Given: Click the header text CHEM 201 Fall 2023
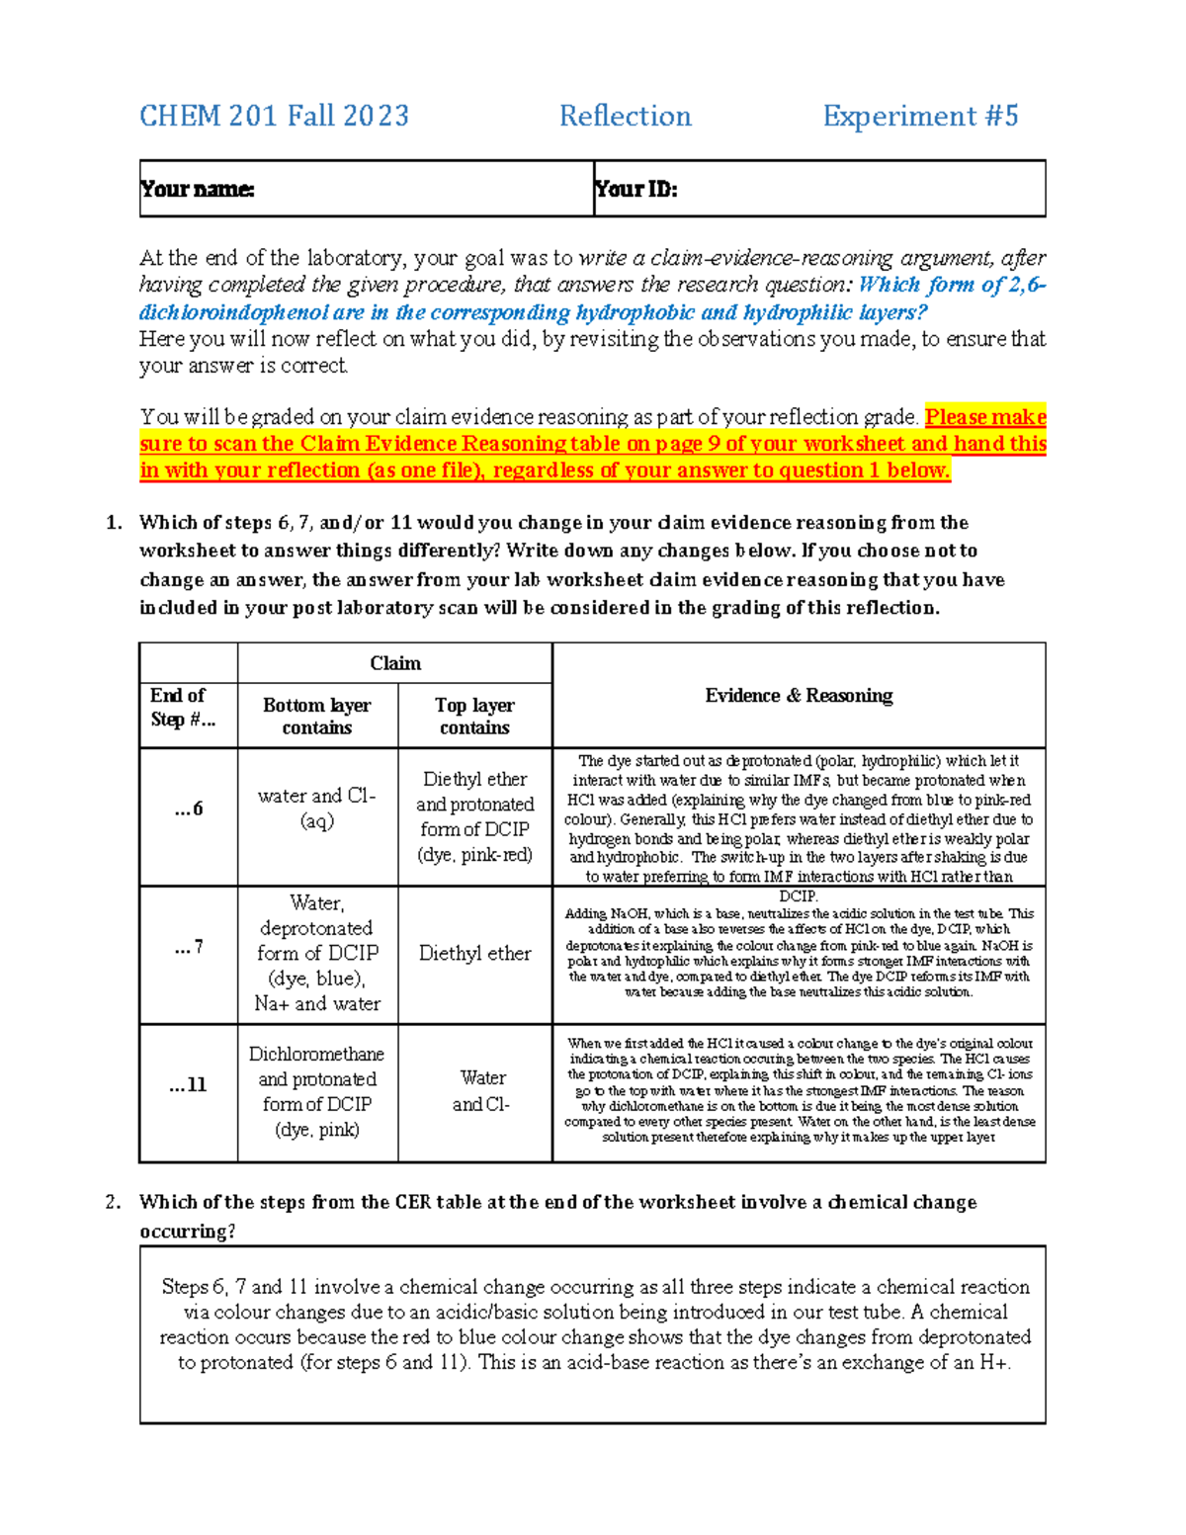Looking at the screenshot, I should (274, 117).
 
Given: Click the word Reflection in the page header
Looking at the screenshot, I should (625, 117).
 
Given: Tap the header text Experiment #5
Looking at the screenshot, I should (920, 117).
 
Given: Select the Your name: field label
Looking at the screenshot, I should (198, 189).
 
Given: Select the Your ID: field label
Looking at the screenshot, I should (635, 189).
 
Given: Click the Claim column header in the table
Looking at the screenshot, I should (394, 663).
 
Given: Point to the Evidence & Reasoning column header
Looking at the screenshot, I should (799, 696).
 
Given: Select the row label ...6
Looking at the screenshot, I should (188, 809).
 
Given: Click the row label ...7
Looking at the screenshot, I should (188, 948).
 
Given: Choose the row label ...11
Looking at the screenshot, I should (188, 1085).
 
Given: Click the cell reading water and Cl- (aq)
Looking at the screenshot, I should (317, 808).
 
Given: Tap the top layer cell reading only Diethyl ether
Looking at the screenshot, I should (474, 953).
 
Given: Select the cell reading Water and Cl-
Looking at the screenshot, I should (481, 1091).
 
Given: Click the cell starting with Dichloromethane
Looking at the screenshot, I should (317, 1091).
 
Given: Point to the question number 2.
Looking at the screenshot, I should (113, 1203).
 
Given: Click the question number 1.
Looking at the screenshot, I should (113, 523).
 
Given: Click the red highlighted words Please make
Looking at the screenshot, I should (984, 417).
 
